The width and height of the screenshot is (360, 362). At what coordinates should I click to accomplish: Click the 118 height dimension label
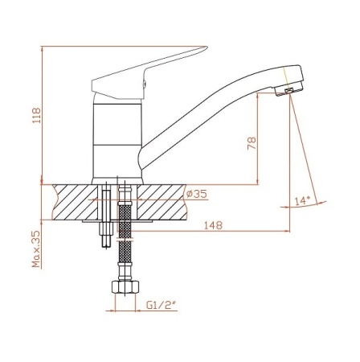36,115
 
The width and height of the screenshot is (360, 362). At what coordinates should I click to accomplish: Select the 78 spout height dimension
252,143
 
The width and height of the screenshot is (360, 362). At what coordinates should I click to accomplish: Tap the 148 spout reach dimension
213,225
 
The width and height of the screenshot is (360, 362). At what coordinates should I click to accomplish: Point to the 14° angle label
302,200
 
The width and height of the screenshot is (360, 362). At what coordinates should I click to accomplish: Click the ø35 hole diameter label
197,194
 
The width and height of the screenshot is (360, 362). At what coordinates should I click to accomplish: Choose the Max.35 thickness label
36,249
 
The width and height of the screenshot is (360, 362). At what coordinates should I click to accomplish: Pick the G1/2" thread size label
161,305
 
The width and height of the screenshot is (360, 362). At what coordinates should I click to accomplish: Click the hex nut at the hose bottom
125,286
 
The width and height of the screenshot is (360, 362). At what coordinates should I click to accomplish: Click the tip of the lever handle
207,47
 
